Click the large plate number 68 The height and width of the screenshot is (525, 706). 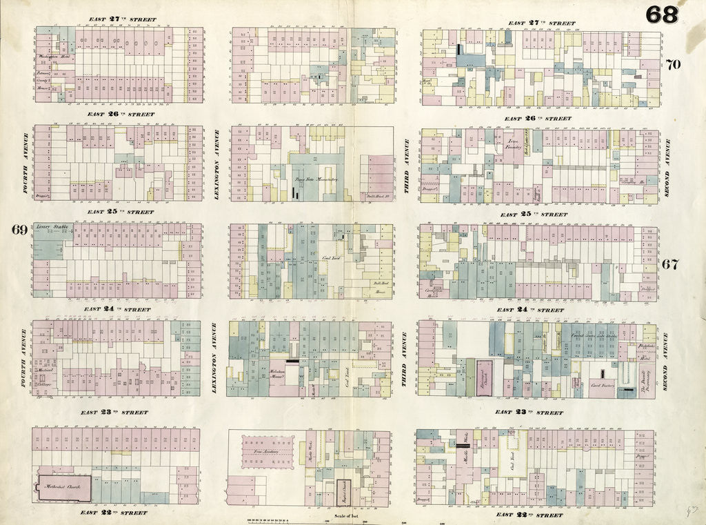(661, 14)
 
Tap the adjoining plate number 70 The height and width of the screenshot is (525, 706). (673, 65)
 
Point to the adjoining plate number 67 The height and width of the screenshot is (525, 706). (671, 264)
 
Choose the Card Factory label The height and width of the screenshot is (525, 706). (603, 386)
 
